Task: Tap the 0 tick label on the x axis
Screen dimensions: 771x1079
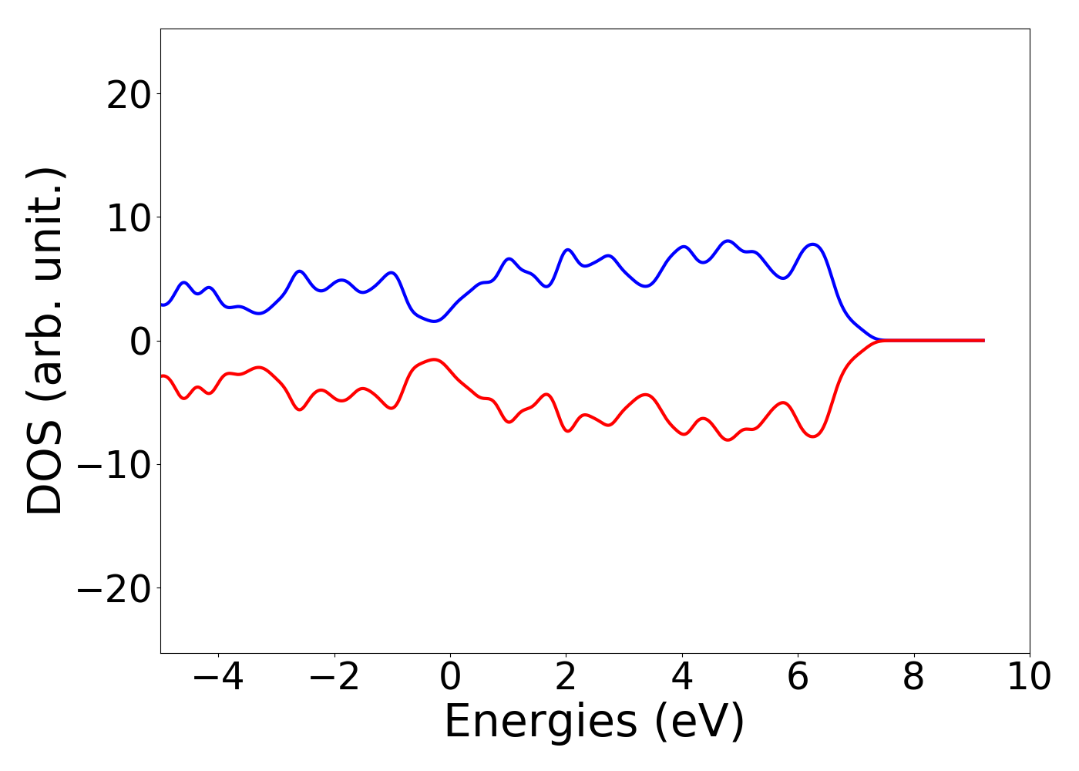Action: click(450, 678)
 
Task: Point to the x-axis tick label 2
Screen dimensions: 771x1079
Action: click(566, 678)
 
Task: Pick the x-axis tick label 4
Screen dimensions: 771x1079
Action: click(682, 678)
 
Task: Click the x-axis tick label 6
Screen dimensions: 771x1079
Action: click(798, 678)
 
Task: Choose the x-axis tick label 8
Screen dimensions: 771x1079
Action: click(913, 678)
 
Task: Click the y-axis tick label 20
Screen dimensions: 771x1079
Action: click(129, 96)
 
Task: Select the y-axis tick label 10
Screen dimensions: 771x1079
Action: click(129, 219)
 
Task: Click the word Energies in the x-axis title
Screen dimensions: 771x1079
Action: click(540, 722)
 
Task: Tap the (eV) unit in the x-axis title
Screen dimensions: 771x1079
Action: click(700, 722)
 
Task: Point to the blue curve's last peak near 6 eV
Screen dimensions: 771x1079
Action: click(813, 244)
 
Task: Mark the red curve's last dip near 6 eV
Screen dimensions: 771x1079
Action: click(813, 436)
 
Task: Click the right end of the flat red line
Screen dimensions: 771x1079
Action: click(983, 340)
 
